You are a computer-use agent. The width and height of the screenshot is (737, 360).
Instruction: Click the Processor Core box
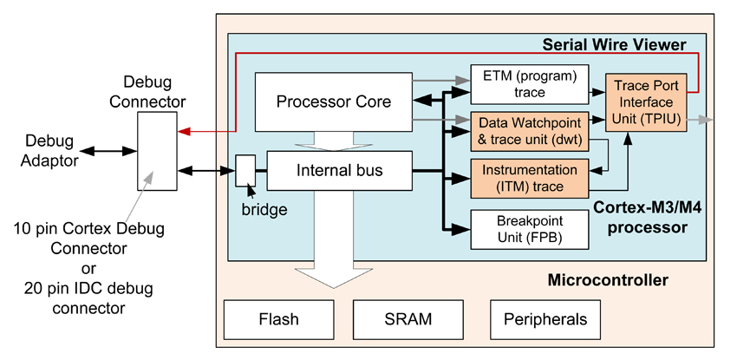[334, 102]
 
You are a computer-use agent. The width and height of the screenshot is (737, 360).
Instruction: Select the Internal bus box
[337, 170]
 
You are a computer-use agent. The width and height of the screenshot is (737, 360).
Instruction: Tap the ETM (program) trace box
[529, 84]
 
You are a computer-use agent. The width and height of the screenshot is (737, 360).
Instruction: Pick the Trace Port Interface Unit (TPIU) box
[648, 102]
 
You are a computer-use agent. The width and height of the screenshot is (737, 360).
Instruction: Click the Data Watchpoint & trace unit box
[529, 129]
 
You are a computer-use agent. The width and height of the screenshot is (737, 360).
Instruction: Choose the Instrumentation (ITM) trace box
[529, 178]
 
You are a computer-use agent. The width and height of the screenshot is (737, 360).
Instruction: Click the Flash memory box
[278, 319]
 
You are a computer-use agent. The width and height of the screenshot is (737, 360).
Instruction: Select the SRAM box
[407, 319]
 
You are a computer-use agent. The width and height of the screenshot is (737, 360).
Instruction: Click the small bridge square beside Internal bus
[246, 170]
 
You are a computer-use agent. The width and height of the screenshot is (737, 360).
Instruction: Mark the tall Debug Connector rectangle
[157, 151]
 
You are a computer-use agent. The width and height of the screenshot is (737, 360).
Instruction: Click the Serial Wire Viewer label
[613, 44]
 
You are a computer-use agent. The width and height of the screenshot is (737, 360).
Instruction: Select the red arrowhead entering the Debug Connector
[182, 133]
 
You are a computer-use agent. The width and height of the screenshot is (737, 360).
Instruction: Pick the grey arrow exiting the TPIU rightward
[707, 121]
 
